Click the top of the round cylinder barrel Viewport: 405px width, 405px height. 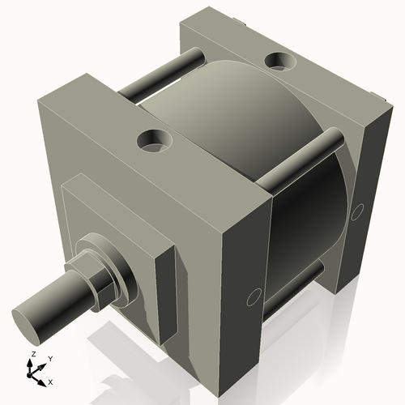(x=235, y=105)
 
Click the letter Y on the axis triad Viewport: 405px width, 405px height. (x=49, y=358)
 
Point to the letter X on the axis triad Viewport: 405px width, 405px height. (x=51, y=381)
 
